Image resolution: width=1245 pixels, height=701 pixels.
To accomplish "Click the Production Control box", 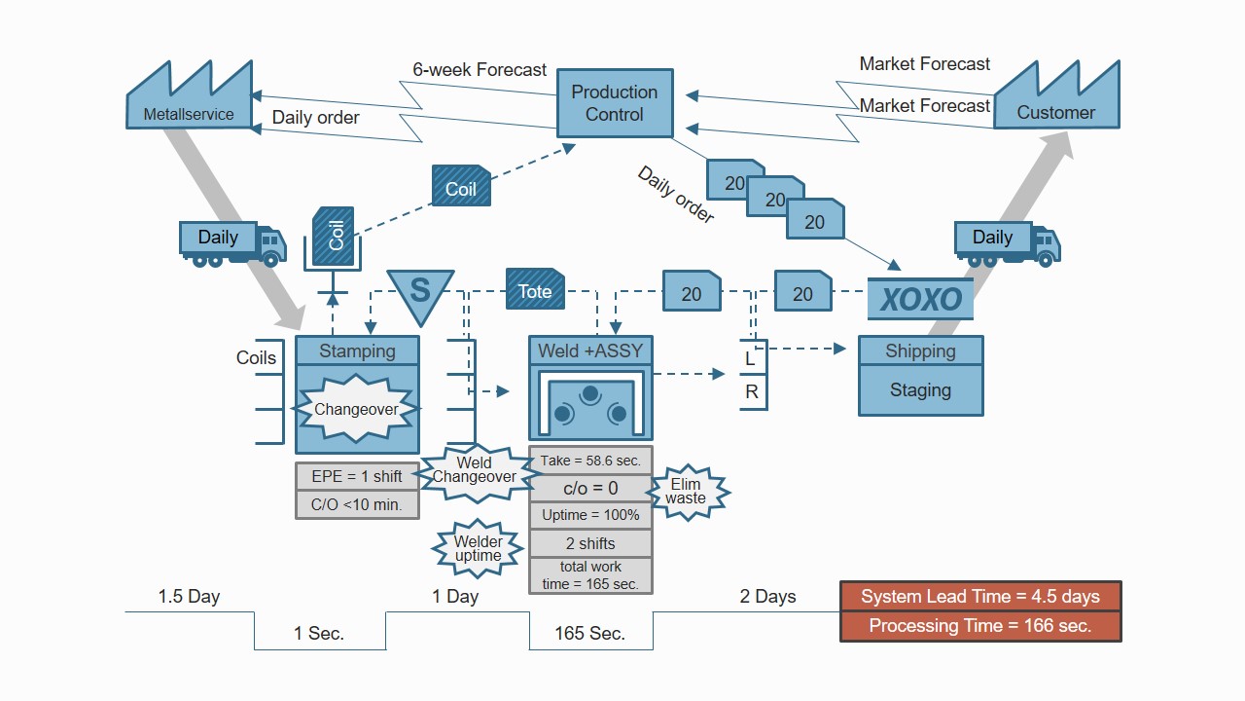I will [614, 103].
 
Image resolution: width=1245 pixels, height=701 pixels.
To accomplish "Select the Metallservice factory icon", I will [190, 101].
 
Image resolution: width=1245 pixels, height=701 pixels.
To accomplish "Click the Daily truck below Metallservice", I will [231, 242].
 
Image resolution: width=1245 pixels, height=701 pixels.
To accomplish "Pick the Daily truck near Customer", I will [1007, 242].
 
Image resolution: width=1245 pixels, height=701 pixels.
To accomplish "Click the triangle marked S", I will [420, 294].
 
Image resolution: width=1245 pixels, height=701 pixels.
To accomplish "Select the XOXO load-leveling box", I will [920, 299].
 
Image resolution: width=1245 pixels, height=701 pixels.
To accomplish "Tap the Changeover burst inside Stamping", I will [356, 409].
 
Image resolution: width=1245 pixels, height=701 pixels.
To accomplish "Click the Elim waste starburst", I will [686, 491].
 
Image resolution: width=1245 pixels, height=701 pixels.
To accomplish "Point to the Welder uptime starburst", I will [479, 549].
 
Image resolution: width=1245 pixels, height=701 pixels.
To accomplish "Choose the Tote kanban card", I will [535, 290].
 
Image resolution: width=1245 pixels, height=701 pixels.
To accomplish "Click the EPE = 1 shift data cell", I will [357, 476].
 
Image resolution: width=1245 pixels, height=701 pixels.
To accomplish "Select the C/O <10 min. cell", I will [357, 504].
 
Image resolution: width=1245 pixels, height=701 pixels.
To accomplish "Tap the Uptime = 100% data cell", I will [590, 515].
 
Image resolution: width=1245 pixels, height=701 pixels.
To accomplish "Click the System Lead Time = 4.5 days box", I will [980, 597].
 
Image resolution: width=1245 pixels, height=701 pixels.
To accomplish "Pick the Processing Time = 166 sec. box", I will [980, 626].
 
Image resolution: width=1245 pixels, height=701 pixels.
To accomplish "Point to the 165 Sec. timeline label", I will [589, 633].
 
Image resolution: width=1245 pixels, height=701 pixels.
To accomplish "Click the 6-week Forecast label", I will [480, 70].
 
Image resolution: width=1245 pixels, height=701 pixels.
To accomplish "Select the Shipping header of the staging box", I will [920, 351].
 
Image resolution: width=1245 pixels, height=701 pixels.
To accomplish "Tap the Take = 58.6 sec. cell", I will [590, 461].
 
